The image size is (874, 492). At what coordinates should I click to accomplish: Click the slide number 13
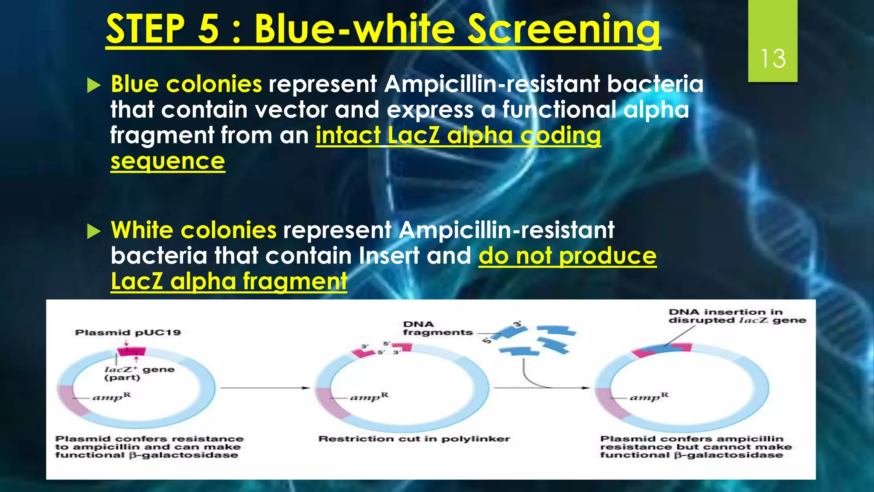coord(773,59)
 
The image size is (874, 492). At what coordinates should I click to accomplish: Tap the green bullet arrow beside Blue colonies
coord(93,85)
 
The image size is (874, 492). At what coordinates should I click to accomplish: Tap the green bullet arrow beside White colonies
coord(93,231)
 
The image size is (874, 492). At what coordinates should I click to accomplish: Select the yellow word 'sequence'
coord(167,161)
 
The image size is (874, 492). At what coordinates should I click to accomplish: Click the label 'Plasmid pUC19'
coord(128,333)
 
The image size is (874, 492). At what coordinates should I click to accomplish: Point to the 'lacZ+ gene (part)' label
coord(139,373)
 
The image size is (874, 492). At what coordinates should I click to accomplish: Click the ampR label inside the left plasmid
coord(111,397)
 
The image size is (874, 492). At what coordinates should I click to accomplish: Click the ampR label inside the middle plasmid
coord(369,397)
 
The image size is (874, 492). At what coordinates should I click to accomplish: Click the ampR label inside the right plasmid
coord(649,397)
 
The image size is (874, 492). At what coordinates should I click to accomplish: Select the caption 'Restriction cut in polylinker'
coord(414,439)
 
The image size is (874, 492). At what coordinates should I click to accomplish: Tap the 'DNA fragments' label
coord(437,328)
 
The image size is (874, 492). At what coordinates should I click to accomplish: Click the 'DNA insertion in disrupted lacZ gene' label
coord(737,316)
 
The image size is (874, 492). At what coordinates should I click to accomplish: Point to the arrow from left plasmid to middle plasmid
coord(265,388)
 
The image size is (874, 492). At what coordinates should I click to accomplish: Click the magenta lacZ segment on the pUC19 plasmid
coord(131,351)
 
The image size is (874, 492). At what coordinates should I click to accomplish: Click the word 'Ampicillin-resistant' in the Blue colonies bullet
coord(492,84)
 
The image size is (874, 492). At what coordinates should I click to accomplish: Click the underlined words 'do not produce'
coord(567,256)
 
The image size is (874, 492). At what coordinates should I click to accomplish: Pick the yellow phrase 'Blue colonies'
coord(186,84)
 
